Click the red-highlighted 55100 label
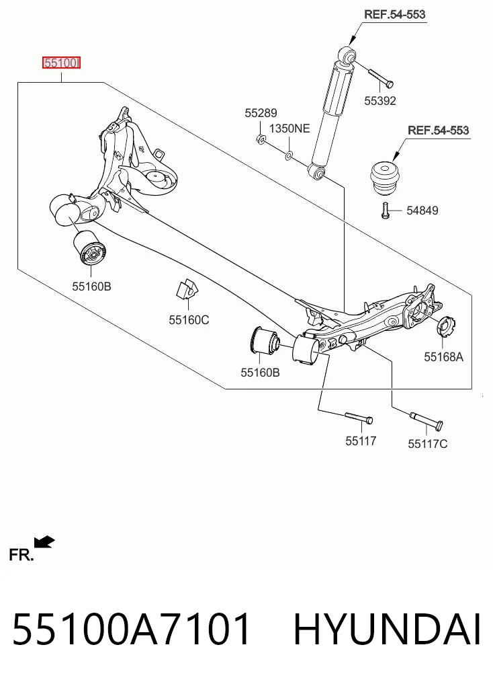[61, 63]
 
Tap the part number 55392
[380, 101]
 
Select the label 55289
[261, 113]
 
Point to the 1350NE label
[289, 128]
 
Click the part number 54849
[422, 211]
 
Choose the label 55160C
[189, 320]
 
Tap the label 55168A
[444, 357]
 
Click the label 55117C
[428, 444]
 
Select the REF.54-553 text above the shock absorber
[394, 14]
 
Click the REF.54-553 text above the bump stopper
[438, 130]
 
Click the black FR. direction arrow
[44, 542]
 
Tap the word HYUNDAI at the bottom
[387, 629]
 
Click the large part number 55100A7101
[132, 629]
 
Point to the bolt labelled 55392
[381, 77]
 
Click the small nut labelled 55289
[261, 139]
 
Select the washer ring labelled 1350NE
[289, 155]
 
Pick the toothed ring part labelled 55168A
[445, 328]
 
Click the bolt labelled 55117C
[427, 419]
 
